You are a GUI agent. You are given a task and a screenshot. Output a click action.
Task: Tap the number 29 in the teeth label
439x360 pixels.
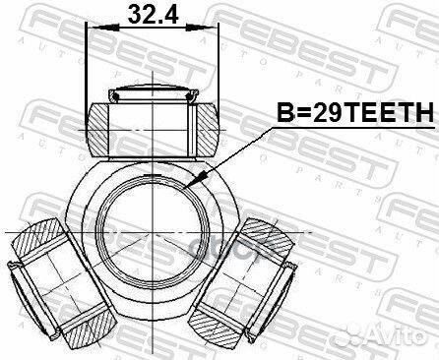328,114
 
